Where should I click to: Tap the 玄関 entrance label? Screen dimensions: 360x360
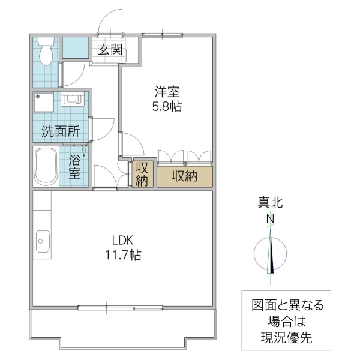(x=110, y=50)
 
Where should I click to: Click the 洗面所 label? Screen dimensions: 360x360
(x=60, y=132)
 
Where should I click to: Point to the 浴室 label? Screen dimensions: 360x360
(x=74, y=166)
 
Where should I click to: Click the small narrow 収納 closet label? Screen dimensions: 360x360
(x=142, y=173)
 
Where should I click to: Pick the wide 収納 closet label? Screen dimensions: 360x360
(x=185, y=176)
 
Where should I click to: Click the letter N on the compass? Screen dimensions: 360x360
(x=271, y=220)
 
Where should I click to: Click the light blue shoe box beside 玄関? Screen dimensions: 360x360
(x=76, y=48)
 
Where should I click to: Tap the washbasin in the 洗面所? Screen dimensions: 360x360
(x=71, y=100)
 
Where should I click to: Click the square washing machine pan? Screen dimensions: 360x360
(x=45, y=103)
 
